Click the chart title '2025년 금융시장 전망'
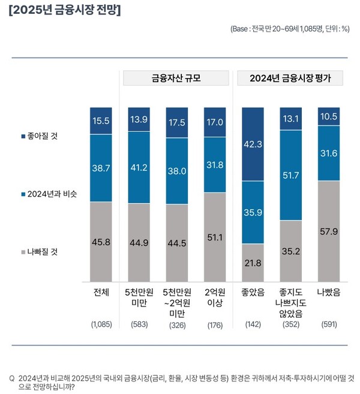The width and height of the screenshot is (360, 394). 65,11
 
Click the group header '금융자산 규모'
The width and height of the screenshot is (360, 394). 176,78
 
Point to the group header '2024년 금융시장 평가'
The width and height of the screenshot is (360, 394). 290,78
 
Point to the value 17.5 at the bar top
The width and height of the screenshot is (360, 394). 177,121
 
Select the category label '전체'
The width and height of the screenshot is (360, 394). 101,294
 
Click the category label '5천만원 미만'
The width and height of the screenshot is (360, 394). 139,299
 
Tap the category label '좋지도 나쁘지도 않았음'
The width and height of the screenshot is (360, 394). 291,303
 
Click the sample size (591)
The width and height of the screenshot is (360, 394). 329,324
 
